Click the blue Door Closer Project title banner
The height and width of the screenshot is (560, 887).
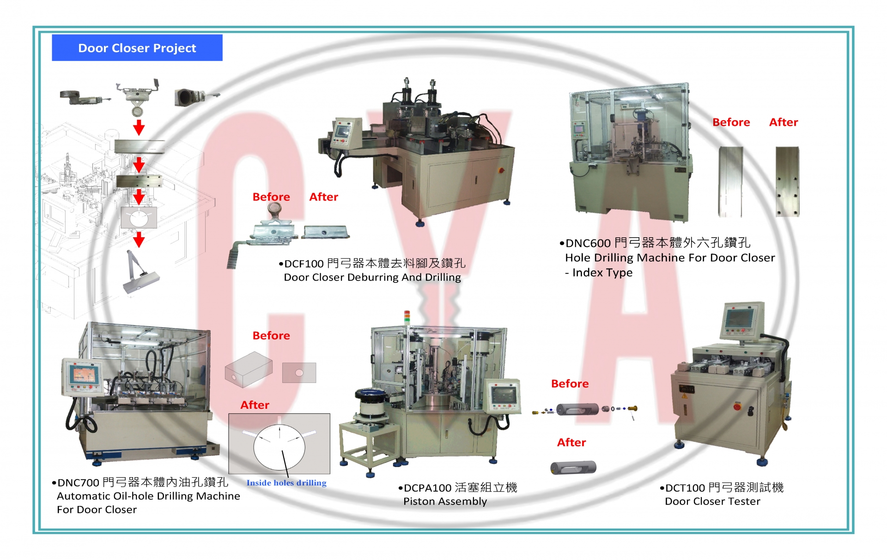click(x=137, y=48)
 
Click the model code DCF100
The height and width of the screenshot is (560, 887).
click(x=304, y=264)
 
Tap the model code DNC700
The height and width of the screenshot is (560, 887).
click(x=78, y=483)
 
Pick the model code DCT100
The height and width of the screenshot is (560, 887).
click(x=685, y=488)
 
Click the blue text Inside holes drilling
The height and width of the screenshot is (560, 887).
click(x=286, y=483)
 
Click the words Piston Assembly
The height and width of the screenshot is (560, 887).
click(x=445, y=502)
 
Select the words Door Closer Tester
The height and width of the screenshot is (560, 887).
click(x=712, y=501)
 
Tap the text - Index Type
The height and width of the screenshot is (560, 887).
click(x=599, y=272)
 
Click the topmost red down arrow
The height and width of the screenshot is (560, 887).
click(x=139, y=127)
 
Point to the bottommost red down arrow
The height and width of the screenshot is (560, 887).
click(x=139, y=240)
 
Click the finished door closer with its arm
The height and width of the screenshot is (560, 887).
click(x=140, y=272)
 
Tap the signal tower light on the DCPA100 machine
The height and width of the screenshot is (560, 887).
click(x=407, y=317)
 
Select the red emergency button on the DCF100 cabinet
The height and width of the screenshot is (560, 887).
click(x=501, y=170)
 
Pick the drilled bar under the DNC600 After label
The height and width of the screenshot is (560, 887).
click(x=787, y=182)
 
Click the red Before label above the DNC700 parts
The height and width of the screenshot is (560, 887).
click(x=271, y=336)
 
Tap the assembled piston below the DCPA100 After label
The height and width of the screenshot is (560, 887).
click(x=573, y=468)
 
